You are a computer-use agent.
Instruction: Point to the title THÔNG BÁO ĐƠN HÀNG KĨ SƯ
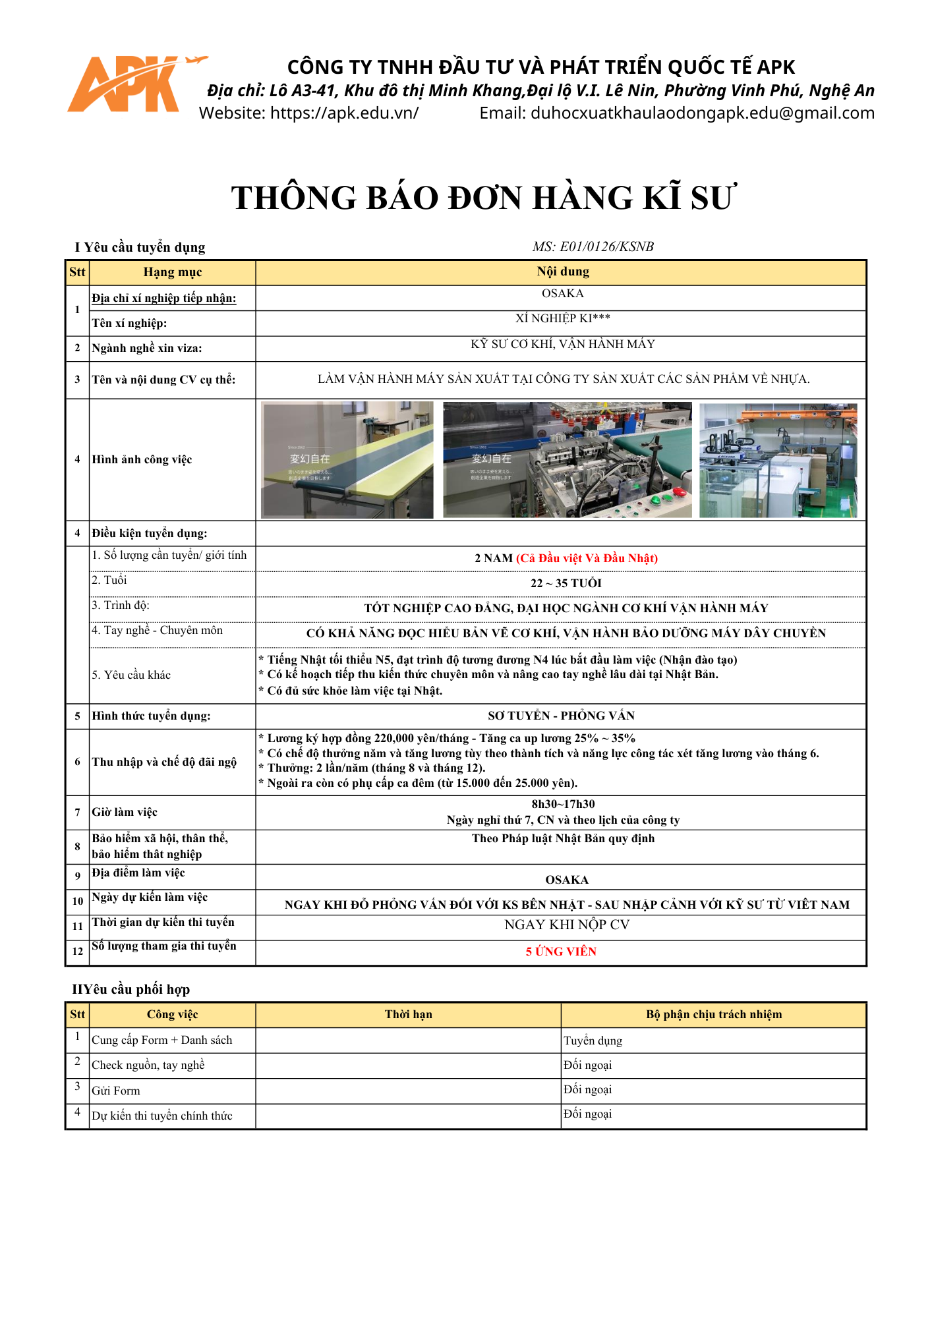[x=483, y=198]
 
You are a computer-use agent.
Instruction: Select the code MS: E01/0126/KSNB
[x=593, y=246]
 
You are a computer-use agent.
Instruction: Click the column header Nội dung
[x=562, y=272]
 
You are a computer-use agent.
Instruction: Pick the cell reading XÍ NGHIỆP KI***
[x=562, y=318]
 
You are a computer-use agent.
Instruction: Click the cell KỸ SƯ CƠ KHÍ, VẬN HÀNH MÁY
[x=562, y=344]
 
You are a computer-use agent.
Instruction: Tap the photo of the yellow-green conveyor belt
[x=347, y=459]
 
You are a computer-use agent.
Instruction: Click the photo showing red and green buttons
[x=567, y=459]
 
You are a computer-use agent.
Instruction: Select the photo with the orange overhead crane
[x=778, y=459]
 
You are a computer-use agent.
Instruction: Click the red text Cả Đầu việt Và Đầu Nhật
[x=587, y=558]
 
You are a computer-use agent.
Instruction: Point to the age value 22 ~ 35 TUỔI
[x=566, y=583]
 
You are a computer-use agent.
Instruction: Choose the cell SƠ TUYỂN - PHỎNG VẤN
[x=561, y=716]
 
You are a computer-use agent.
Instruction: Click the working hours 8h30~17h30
[x=563, y=804]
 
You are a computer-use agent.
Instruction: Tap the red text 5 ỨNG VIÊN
[x=561, y=952]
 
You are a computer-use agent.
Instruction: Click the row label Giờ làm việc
[x=125, y=812]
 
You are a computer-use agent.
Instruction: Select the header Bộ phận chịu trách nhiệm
[x=713, y=1014]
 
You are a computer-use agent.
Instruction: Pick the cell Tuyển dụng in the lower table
[x=593, y=1041]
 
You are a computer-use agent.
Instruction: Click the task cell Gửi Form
[x=116, y=1091]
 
